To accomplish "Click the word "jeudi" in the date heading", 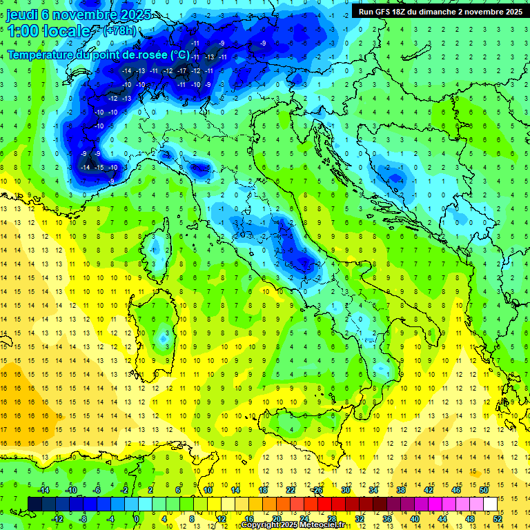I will [x=22, y=14].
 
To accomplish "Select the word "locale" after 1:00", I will [x=67, y=31].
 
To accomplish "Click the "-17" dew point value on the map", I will [x=182, y=71].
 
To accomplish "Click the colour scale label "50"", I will [x=484, y=489].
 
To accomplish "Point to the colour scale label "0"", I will [x=137, y=519].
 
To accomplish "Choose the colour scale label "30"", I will [x=346, y=489].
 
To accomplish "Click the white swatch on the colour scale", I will [x=491, y=504].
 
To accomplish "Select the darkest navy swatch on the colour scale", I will [x=35, y=504].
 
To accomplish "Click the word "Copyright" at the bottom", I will [x=261, y=525].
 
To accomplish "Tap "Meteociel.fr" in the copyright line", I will [x=327, y=525].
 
